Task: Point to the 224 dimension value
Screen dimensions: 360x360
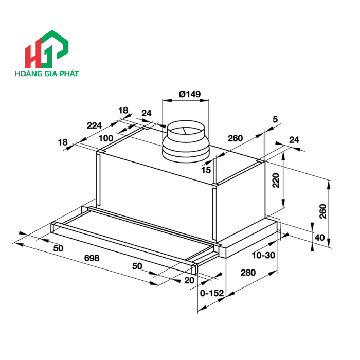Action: pos(95,125)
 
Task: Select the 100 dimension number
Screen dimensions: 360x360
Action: pos(106,138)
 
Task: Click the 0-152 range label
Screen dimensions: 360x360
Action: pos(212,293)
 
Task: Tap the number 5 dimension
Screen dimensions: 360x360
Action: pos(275,119)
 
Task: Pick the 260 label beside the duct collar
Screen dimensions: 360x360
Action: pos(235,138)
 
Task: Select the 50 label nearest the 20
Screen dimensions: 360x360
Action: pos(137,266)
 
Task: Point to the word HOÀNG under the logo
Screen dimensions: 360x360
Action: pos(27,74)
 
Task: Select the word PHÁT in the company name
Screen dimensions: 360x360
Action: pos(68,74)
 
